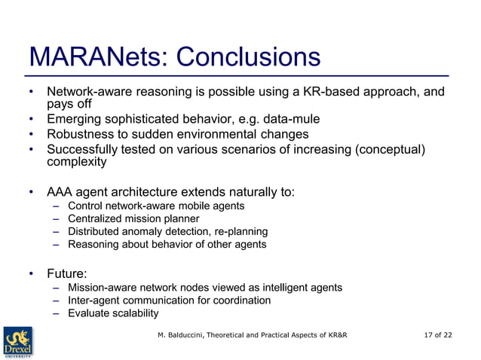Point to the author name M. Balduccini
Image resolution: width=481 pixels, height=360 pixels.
click(184, 334)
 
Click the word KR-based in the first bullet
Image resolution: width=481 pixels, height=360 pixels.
click(329, 92)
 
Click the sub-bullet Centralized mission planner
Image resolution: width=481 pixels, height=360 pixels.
click(133, 218)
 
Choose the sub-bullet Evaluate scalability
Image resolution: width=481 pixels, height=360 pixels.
click(113, 313)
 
